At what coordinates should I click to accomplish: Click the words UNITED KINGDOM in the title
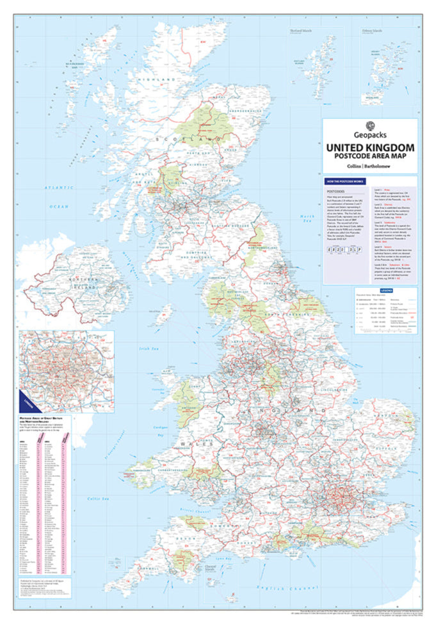coord(370,148)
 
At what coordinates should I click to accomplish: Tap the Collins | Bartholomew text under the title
coord(370,167)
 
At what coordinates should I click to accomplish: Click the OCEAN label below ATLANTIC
coord(60,206)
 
